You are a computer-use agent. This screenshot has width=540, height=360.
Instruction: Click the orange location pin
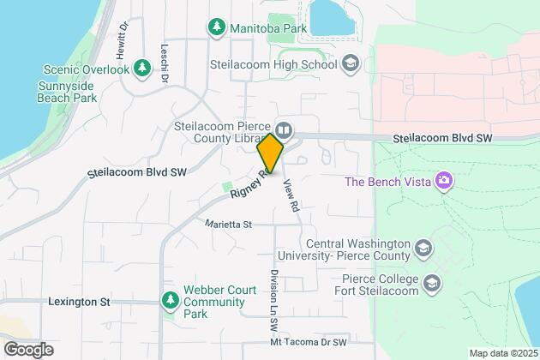click(270, 153)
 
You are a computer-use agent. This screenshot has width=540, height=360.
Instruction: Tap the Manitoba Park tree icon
click(218, 27)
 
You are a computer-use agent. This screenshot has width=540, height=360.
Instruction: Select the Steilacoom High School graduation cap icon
click(350, 63)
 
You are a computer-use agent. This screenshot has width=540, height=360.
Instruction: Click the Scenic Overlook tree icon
click(48, 69)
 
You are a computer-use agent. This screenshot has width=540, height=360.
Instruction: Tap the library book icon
click(285, 131)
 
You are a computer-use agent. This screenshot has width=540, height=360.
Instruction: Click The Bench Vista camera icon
click(444, 181)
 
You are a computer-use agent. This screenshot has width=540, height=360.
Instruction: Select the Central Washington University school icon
click(423, 249)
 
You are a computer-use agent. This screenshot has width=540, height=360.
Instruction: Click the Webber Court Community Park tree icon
click(170, 301)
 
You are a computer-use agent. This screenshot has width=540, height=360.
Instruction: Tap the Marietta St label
click(228, 225)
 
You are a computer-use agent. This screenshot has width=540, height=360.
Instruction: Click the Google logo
click(27, 349)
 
